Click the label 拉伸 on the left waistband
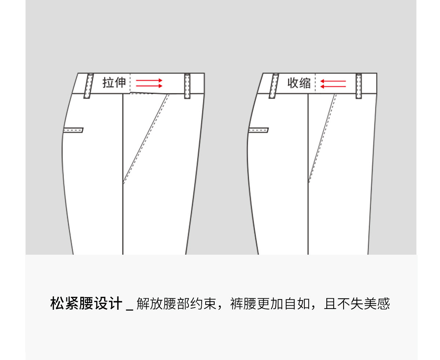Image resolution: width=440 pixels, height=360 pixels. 114,83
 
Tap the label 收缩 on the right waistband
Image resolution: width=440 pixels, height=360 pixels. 299,83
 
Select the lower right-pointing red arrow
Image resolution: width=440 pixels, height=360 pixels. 149,86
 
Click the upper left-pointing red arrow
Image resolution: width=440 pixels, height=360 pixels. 333,81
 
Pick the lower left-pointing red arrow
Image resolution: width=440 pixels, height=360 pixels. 333,87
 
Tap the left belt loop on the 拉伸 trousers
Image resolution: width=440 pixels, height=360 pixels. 88,86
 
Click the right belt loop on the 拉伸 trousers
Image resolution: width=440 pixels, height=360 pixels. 187,86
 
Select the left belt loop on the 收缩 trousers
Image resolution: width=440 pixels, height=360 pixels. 273,86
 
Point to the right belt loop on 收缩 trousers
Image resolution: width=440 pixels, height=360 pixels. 359,86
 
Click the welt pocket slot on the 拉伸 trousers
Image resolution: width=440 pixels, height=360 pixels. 73,130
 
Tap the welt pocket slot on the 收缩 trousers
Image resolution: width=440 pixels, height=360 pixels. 258,130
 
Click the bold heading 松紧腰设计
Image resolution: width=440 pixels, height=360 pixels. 86,304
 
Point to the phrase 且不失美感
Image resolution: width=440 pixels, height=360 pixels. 357,304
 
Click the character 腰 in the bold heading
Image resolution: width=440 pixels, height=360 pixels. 86,304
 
